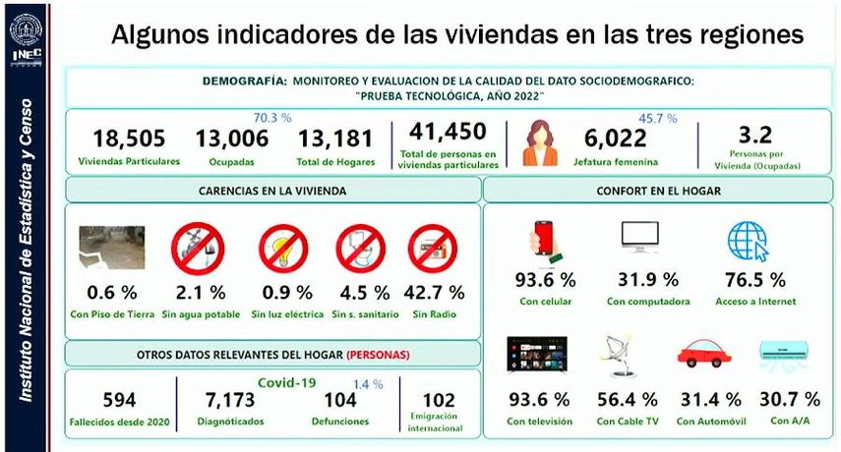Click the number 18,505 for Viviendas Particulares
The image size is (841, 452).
[x=129, y=139]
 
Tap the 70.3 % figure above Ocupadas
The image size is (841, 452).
[x=272, y=117]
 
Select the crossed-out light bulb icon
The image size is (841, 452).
[x=283, y=249]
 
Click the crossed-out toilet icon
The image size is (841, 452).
[x=360, y=249]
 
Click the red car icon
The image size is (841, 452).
[x=704, y=356]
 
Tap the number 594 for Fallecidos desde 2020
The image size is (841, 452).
[x=119, y=400]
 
